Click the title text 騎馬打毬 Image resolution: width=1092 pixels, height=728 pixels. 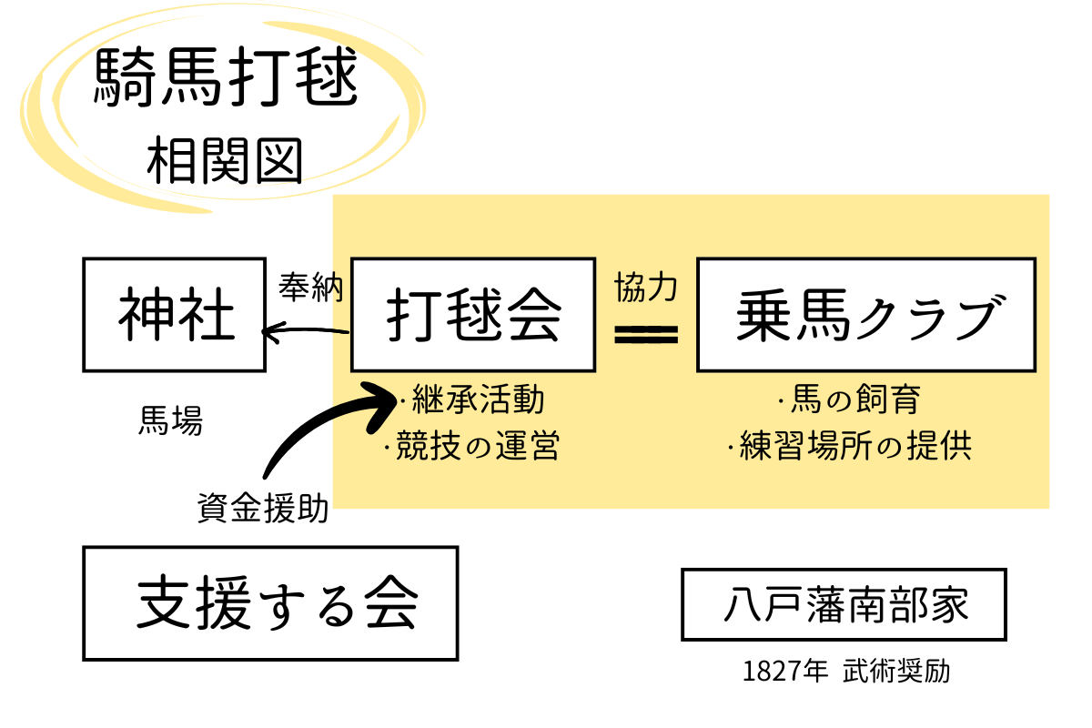[x=226, y=80]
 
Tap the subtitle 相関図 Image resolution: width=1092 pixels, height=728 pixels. [x=224, y=161]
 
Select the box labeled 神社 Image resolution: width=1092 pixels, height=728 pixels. [x=175, y=315]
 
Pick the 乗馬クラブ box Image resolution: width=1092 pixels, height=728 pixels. [x=865, y=315]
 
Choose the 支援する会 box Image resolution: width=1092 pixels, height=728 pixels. [x=270, y=602]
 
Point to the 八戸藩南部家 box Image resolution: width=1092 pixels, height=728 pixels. [x=844, y=604]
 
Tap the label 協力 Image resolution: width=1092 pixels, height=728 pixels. [x=645, y=288]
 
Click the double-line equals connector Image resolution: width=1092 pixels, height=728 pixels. [x=646, y=335]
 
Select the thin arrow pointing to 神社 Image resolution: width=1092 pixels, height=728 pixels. [x=306, y=333]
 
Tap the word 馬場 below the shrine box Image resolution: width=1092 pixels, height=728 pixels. [x=170, y=421]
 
